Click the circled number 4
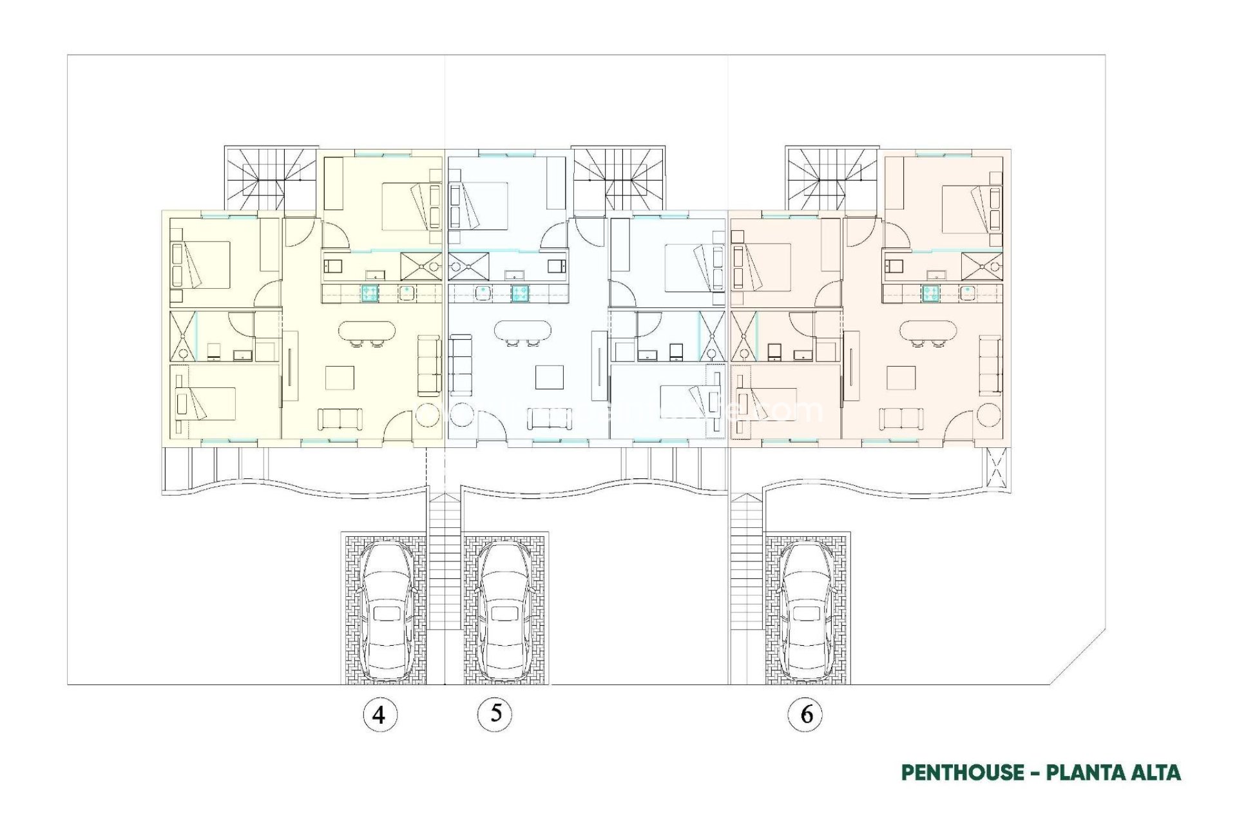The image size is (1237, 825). click(379, 715)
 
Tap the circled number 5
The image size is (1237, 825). click(495, 713)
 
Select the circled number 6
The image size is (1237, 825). click(805, 714)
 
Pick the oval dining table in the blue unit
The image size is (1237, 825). click(523, 331)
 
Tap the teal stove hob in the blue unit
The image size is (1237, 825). click(521, 293)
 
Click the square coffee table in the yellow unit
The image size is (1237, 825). click(340, 378)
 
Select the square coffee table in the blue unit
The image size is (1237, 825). click(550, 378)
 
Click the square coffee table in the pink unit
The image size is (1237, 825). click(901, 378)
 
